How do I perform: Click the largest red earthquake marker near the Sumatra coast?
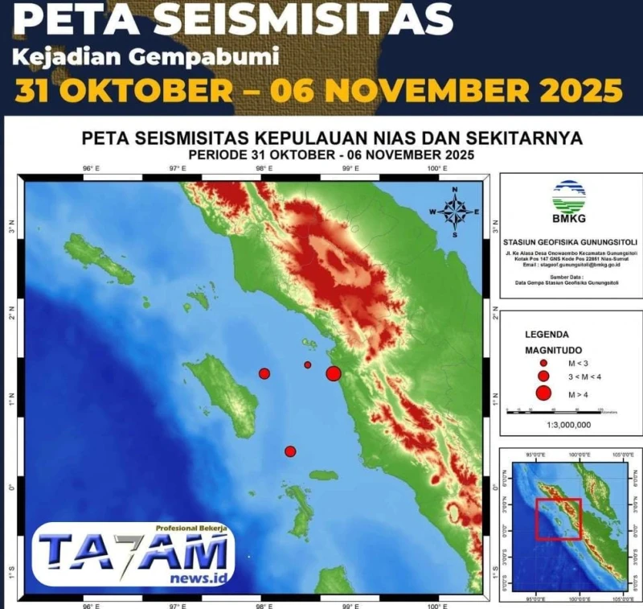334,372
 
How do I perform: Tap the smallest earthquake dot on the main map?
307,364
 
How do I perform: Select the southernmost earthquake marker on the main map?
290,451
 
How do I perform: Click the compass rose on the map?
455,212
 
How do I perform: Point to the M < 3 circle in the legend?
543,363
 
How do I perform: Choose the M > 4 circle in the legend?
543,393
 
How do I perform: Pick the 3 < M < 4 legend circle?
543,377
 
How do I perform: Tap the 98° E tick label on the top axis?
263,169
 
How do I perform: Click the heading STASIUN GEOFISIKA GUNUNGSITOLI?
570,241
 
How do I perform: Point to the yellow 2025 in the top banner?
575,91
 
